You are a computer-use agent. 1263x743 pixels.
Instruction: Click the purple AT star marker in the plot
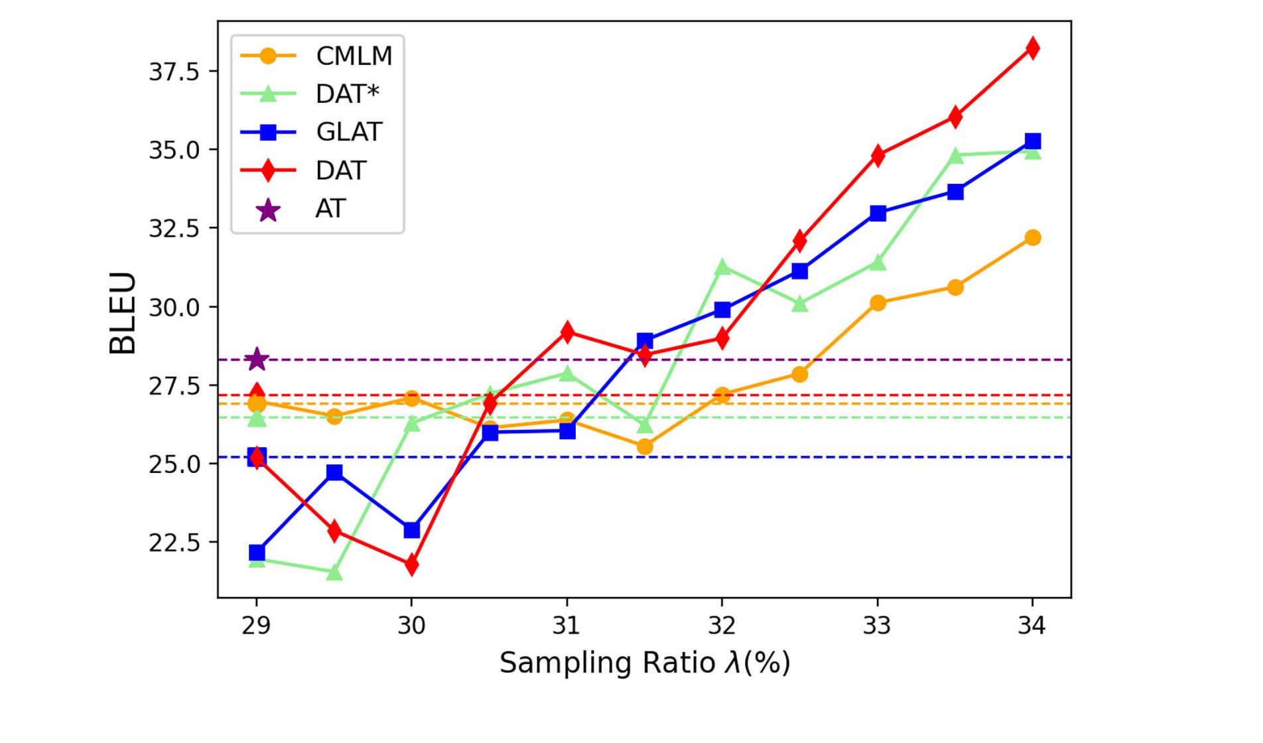coord(257,360)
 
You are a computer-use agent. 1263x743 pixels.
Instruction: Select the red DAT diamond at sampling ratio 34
coord(1032,48)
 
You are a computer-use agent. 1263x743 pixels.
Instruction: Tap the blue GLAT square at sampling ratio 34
coord(1032,141)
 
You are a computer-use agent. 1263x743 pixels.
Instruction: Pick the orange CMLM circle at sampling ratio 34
coord(1032,237)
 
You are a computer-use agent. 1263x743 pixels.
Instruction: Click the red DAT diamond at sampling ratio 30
coord(411,565)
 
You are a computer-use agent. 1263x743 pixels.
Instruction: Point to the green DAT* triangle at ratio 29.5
coord(334,572)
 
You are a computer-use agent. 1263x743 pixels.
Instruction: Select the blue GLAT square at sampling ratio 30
coord(411,530)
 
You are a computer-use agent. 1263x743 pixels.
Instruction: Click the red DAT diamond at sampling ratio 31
coord(566,332)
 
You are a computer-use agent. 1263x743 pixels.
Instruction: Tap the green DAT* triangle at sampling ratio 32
coord(722,267)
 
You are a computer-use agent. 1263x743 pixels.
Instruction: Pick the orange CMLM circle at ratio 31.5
coord(645,446)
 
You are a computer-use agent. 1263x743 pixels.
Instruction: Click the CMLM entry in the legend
coord(354,56)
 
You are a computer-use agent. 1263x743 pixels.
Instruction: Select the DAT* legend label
coord(347,94)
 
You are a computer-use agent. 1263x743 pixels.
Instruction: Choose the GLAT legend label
coord(349,132)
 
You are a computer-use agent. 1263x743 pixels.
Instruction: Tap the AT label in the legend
coord(330,209)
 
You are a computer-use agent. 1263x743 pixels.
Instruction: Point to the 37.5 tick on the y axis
coord(174,71)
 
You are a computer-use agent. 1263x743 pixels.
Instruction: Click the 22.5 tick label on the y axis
coord(174,543)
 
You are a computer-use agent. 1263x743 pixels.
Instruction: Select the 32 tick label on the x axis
coord(722,625)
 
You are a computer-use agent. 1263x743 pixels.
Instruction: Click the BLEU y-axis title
coord(123,312)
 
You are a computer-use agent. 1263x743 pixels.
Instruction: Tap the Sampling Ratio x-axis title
coord(645,663)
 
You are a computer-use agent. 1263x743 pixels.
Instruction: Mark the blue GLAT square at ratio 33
coord(878,213)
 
